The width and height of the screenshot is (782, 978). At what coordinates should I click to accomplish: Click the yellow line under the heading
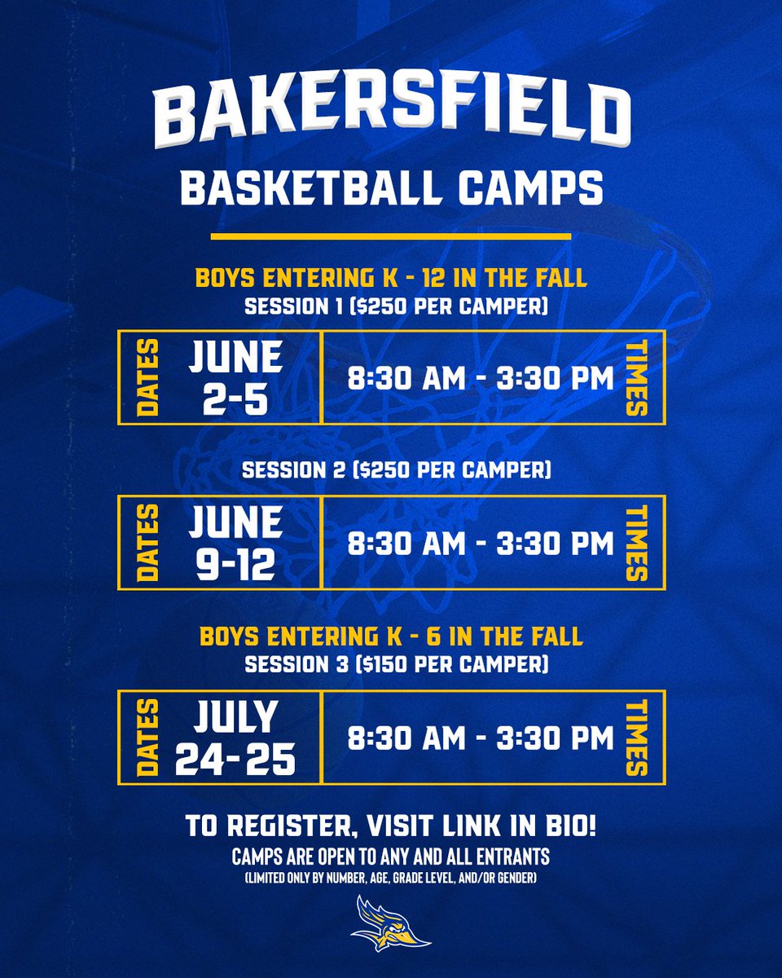point(391,237)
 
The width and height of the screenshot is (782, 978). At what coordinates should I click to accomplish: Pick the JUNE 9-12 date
point(235,542)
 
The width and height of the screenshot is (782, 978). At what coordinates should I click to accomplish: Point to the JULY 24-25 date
point(235,737)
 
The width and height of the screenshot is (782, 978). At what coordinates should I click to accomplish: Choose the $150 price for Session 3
point(367,664)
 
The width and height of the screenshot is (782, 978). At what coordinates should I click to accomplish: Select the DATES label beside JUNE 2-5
point(149,377)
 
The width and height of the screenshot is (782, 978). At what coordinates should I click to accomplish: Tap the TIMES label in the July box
point(635,737)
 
